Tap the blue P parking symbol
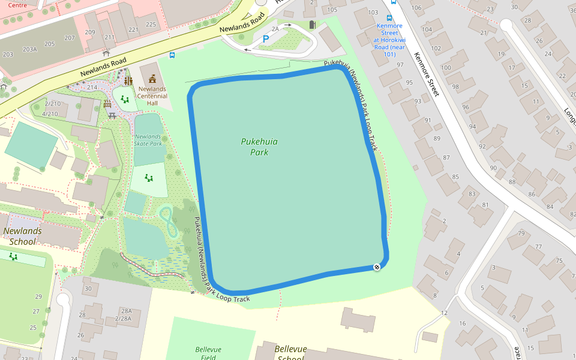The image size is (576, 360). pyautogui.click(x=265, y=39)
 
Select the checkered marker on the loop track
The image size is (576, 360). pyautogui.click(x=377, y=267)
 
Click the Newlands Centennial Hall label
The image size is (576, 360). pyautogui.click(x=152, y=95)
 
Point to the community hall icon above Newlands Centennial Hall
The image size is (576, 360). pyautogui.click(x=152, y=79)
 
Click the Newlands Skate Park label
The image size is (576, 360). pyautogui.click(x=148, y=140)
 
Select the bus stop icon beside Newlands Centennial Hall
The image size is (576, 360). pyautogui.click(x=172, y=55)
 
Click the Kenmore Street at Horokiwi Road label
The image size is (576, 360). pyautogui.click(x=389, y=40)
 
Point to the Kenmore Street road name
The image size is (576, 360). pyautogui.click(x=427, y=74)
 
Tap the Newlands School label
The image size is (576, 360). pyautogui.click(x=22, y=236)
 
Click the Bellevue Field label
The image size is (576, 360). pyautogui.click(x=208, y=353)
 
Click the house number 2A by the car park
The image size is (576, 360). pyautogui.click(x=275, y=28)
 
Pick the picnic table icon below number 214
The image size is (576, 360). pyautogui.click(x=112, y=115)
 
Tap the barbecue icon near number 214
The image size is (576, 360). pyautogui.click(x=107, y=104)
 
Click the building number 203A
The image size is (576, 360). pyautogui.click(x=29, y=49)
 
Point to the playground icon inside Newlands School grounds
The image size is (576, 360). pyautogui.click(x=13, y=257)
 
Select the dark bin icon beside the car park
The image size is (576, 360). pyautogui.click(x=311, y=25)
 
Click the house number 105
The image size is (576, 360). pyautogui.click(x=332, y=10)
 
